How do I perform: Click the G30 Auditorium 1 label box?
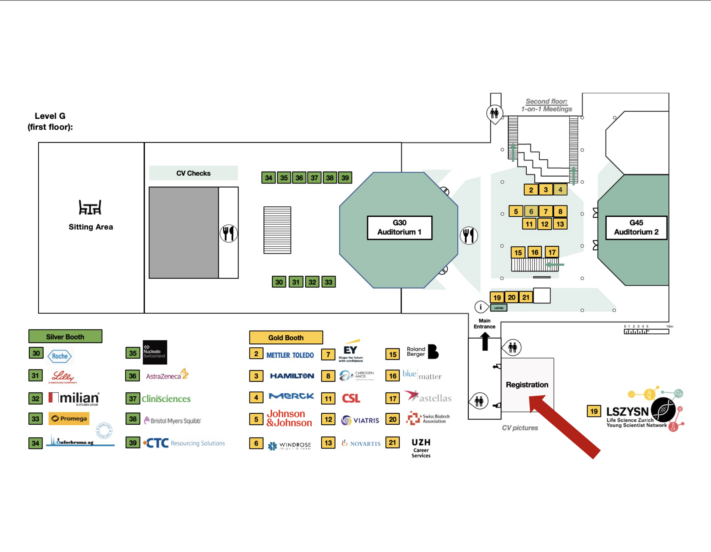[x=399, y=228]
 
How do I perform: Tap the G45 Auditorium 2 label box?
[x=636, y=228]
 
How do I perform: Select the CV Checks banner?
[x=193, y=173]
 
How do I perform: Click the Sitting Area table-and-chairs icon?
[x=90, y=207]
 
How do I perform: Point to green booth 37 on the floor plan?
[x=314, y=178]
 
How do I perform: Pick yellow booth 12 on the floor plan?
[x=544, y=224]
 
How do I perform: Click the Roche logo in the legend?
[x=60, y=356]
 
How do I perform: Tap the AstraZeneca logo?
[x=167, y=375]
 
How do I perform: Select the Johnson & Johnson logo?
[x=289, y=418]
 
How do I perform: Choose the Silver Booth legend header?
[x=65, y=336]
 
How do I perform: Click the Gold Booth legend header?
[x=286, y=337]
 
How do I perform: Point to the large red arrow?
[x=565, y=427]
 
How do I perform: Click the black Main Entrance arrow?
[x=485, y=341]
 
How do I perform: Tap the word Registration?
[x=527, y=385]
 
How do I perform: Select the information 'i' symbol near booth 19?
[x=481, y=307]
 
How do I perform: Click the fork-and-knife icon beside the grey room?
[x=229, y=233]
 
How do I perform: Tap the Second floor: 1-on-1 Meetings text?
[x=546, y=105]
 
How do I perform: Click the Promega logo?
[x=69, y=419]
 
